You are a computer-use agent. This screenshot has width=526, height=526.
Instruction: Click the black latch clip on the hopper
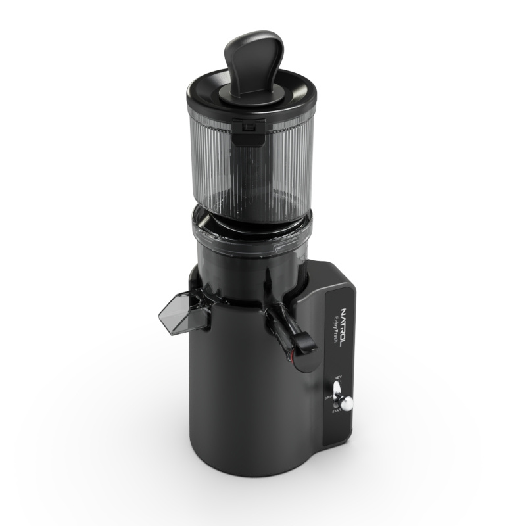pos(248,131)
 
